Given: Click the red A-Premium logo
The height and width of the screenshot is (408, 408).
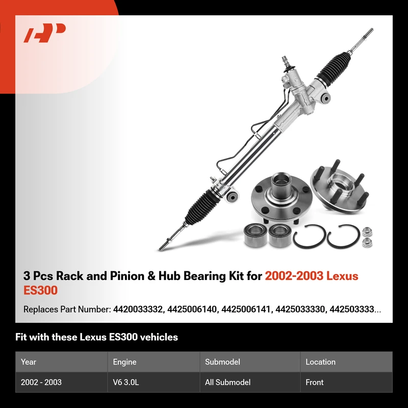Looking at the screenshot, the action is click(44, 33).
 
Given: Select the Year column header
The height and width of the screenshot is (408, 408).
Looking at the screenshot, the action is click(29, 362).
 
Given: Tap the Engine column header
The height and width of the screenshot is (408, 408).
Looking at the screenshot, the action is click(124, 362).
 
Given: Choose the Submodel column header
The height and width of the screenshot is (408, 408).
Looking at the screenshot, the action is click(222, 362).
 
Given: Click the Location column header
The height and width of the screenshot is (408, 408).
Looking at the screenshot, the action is click(321, 362).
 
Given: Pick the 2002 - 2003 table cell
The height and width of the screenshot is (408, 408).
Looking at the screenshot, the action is click(41, 382).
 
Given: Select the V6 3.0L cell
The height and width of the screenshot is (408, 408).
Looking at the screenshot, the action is click(126, 382).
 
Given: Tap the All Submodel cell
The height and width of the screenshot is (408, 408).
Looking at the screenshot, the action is click(227, 382).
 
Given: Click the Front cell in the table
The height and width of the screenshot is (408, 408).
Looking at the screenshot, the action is click(315, 382).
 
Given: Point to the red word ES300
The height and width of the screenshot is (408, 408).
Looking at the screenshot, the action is click(40, 290).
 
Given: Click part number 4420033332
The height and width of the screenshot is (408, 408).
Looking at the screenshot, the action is click(138, 310).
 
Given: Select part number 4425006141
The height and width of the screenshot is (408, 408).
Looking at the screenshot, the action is click(246, 310).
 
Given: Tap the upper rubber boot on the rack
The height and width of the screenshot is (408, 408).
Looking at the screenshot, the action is click(334, 68).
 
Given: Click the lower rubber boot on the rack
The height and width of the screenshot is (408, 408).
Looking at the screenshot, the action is click(201, 208).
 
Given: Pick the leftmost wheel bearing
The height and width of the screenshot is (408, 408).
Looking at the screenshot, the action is click(256, 235).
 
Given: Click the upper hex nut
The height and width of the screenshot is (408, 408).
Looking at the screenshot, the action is click(367, 232).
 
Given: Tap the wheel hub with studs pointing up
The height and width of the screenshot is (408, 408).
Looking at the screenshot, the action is click(340, 186).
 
